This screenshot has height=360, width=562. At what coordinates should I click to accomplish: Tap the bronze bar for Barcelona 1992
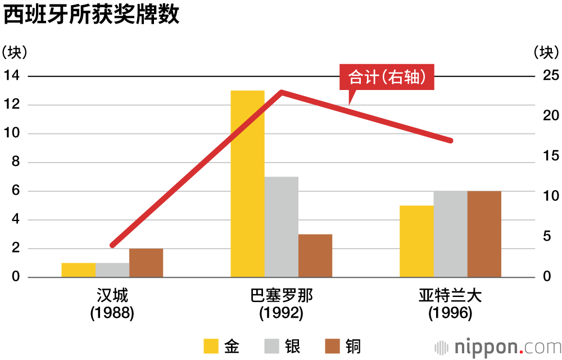point(315,255)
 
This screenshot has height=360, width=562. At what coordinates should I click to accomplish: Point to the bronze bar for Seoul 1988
point(146,263)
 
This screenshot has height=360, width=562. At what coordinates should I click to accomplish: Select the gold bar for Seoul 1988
point(78,270)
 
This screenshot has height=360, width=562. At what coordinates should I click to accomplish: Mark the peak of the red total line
point(281,92)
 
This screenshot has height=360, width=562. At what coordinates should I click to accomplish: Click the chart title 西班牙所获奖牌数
point(92,15)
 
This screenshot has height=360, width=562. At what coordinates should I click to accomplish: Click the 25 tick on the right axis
point(545,76)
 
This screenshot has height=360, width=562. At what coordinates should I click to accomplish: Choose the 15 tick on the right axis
point(545,156)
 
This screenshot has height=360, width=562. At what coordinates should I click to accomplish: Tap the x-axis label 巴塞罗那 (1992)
point(281,304)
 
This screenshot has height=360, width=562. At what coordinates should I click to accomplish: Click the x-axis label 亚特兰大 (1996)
point(450,304)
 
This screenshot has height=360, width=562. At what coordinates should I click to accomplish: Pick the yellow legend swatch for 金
point(211,346)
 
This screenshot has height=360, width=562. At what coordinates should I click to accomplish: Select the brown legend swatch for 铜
point(332,346)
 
